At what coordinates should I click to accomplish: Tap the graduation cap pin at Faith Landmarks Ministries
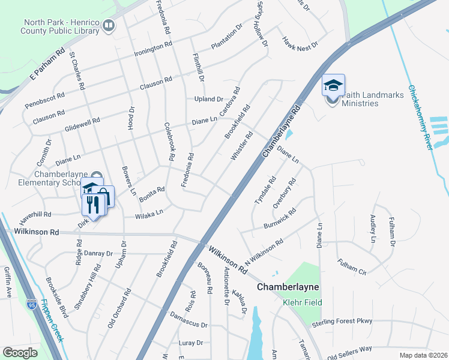coord(333,86)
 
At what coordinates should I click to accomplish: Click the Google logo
coord(20,352)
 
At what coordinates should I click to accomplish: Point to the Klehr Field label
coord(303,302)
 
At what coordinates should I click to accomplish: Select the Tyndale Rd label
coord(265,190)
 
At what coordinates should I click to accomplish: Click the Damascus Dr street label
coord(188,319)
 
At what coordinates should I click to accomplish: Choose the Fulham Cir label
coord(352,266)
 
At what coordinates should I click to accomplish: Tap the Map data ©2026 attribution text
coord(423,355)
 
